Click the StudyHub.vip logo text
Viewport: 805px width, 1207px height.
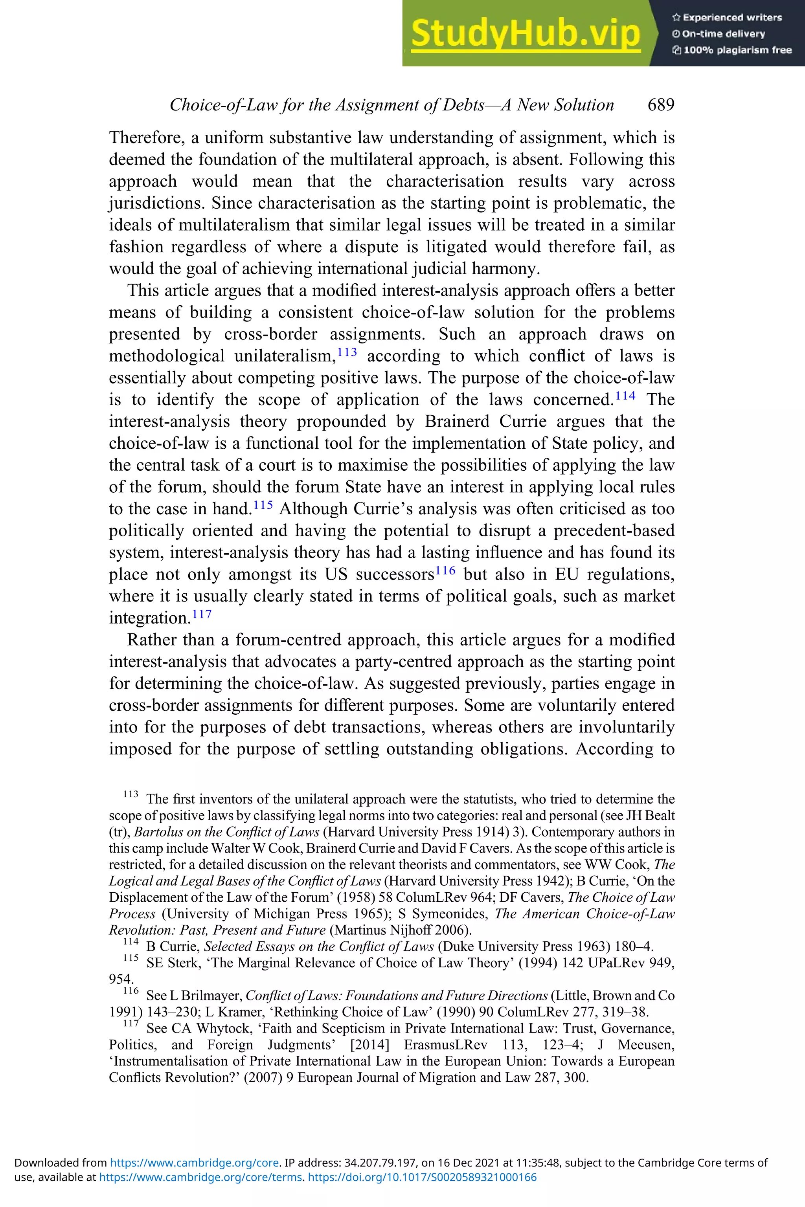(525, 33)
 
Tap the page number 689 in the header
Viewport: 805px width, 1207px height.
(661, 105)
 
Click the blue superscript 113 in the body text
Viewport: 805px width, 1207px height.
(347, 352)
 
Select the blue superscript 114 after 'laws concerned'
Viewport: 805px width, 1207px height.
(625, 396)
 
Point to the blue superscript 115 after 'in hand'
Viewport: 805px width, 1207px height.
(263, 505)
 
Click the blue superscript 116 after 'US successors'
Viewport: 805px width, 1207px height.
(445, 570)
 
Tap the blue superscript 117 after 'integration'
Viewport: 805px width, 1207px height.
(202, 614)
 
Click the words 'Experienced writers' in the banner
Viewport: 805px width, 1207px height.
(731, 17)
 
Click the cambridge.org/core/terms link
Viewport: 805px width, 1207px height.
(200, 1177)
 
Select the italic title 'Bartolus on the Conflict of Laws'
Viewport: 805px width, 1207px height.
(226, 832)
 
